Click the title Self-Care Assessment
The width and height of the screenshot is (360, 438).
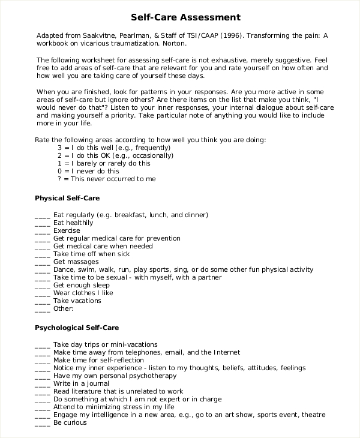pyautogui.click(x=185, y=17)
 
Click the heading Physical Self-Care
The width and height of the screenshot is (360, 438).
pyautogui.click(x=67, y=197)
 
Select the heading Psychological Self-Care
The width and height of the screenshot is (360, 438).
pyautogui.click(x=77, y=328)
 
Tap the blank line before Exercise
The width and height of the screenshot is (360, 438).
pyautogui.click(x=42, y=232)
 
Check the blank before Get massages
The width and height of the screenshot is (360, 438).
pyautogui.click(x=42, y=263)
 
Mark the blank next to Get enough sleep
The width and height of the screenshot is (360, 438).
pyautogui.click(x=42, y=286)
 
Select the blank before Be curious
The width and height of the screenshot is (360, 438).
pyautogui.click(x=42, y=424)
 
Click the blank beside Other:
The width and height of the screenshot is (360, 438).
pyautogui.click(x=42, y=310)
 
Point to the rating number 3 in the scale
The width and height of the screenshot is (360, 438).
pyautogui.click(x=60, y=148)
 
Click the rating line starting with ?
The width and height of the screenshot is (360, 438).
pyautogui.click(x=106, y=179)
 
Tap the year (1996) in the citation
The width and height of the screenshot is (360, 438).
pyautogui.click(x=232, y=35)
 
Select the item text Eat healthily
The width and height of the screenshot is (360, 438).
pyautogui.click(x=73, y=223)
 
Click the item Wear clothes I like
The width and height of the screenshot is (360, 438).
pyautogui.click(x=83, y=293)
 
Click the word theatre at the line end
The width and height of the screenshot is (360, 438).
pyautogui.click(x=313, y=415)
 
